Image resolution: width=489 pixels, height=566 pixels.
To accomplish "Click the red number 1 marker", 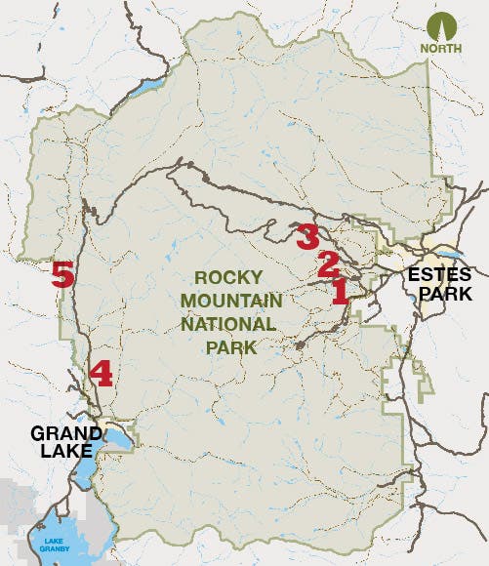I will click(x=340, y=292).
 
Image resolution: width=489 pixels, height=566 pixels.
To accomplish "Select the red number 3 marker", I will click(x=306, y=235).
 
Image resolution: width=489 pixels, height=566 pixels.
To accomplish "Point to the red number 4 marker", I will click(x=101, y=374).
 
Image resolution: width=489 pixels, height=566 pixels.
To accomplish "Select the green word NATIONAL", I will click(x=235, y=323).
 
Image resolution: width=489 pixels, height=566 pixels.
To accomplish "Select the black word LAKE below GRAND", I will click(x=62, y=452).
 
